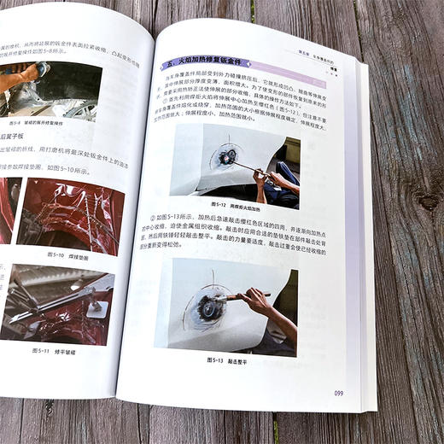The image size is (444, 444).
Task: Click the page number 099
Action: tap(338, 393)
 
